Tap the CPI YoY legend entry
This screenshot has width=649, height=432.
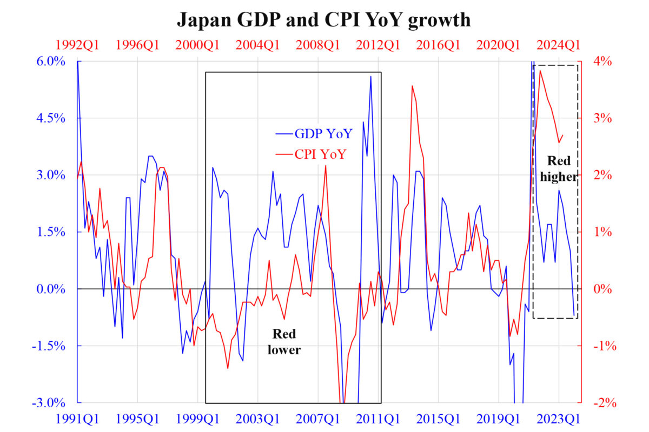tap(320, 154)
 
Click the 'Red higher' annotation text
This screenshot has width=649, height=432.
tap(559, 168)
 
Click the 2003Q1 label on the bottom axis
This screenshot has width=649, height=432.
tap(258, 418)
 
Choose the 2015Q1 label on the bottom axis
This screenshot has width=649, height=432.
tap(439, 418)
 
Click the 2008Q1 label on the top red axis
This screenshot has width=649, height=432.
tap(319, 45)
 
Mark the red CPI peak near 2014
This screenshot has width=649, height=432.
tap(412, 85)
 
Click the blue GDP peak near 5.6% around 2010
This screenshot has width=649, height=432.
tap(370, 76)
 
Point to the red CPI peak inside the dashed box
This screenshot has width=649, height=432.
tap(540, 71)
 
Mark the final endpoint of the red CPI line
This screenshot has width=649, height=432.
tap(563, 136)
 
